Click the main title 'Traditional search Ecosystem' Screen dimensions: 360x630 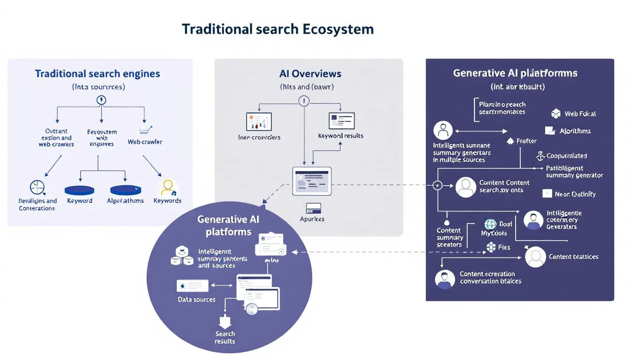click(x=277, y=29)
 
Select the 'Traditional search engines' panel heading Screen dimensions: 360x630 click(x=97, y=74)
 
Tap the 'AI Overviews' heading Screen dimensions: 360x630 click(x=310, y=74)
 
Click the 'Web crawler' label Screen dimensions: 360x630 click(x=145, y=142)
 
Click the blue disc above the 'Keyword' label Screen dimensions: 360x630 click(x=79, y=190)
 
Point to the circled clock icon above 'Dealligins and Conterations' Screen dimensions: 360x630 click(x=37, y=187)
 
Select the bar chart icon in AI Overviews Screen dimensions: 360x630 click(x=259, y=122)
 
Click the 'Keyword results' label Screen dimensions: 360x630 click(x=340, y=135)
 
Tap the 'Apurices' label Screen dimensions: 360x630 click(x=312, y=219)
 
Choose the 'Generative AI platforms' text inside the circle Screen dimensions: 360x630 click(x=228, y=225)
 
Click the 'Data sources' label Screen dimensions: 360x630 click(x=196, y=300)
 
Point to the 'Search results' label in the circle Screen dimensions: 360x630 click(x=225, y=337)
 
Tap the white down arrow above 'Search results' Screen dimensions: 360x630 click(x=225, y=322)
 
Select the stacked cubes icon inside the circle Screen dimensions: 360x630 click(x=182, y=256)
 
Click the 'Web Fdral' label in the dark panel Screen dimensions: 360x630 click(x=580, y=113)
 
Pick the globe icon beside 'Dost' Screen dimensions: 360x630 click(x=490, y=225)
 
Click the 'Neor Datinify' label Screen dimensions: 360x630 click(x=575, y=194)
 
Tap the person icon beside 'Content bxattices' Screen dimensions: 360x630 click(x=535, y=257)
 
